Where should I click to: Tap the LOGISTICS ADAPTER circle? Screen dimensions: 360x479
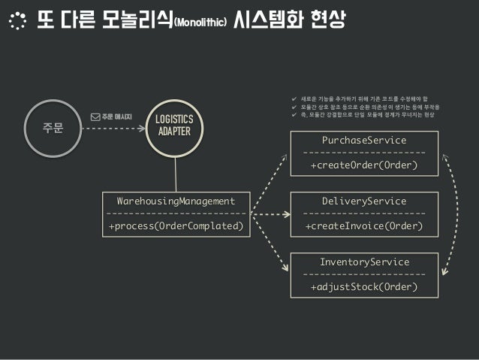click(x=174, y=127)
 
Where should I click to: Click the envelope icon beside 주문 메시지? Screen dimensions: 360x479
click(x=95, y=116)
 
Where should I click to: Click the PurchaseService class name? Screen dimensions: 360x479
click(x=363, y=140)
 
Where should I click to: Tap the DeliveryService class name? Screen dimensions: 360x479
click(x=363, y=201)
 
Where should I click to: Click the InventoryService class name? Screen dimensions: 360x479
click(x=364, y=262)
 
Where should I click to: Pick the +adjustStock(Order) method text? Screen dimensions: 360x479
click(x=364, y=287)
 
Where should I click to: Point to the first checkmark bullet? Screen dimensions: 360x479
click(x=294, y=98)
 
